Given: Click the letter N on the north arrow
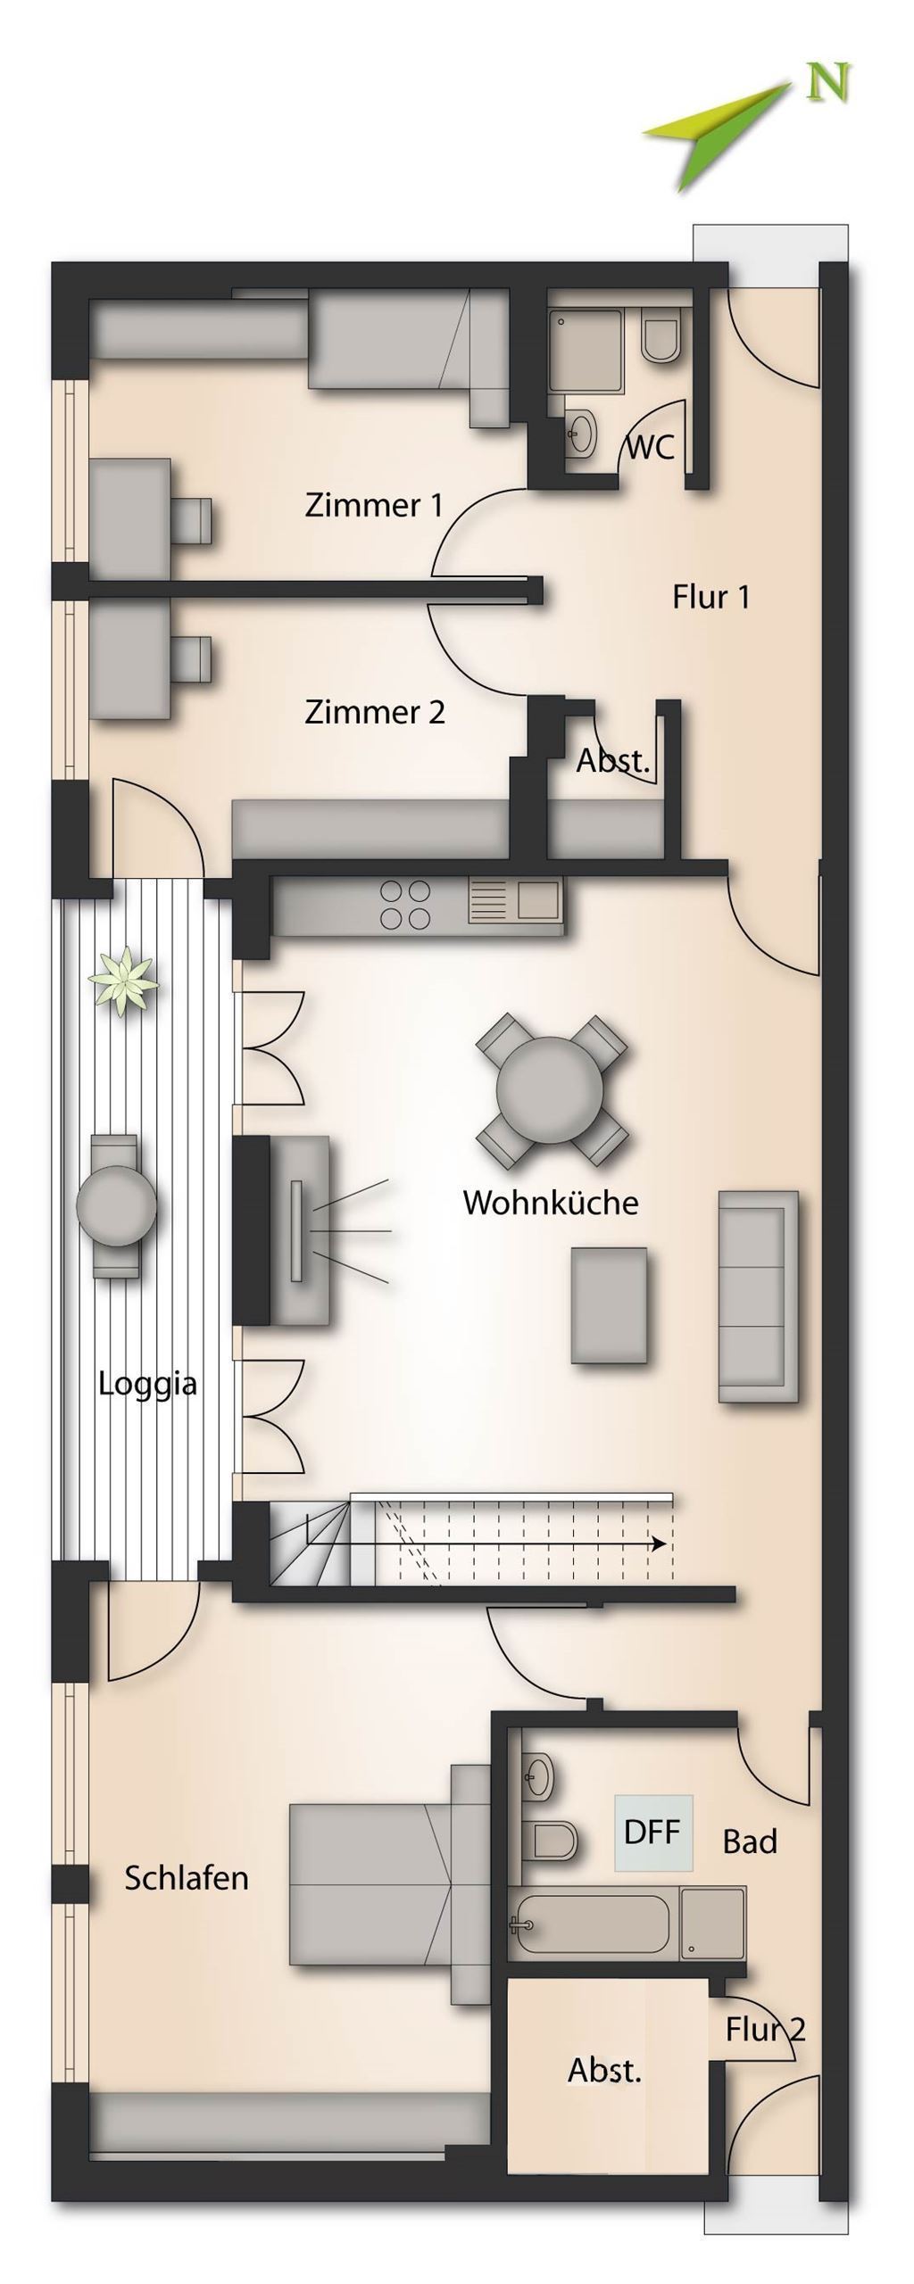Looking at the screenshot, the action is (827, 83).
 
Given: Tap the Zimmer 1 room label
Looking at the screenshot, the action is (374, 505).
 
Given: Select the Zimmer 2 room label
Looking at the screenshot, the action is (375, 712).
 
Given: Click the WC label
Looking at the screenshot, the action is (651, 446).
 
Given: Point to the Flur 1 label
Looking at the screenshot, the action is (710, 597).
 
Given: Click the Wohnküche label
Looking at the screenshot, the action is (551, 1202).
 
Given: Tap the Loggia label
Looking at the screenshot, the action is (147, 1385).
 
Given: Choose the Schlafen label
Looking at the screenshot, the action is (187, 1877).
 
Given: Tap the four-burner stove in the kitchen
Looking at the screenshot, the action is (405, 905).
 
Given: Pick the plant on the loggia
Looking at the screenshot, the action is (123, 981).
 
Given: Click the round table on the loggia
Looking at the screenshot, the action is (116, 1206).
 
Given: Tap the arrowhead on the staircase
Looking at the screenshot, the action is (659, 1544).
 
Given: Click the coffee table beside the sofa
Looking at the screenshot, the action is (609, 1305).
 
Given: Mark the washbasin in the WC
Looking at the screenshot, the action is (581, 434).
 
